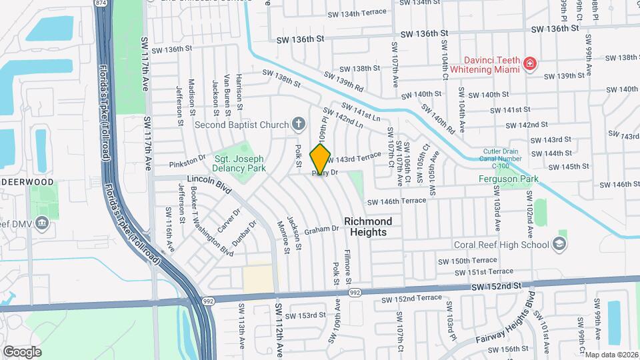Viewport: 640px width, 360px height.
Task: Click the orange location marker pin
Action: tap(321, 159)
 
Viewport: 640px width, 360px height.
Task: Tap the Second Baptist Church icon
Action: tap(298, 124)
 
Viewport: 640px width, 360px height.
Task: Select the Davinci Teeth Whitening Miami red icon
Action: tap(529, 64)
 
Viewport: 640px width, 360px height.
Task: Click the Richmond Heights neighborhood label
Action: tap(367, 226)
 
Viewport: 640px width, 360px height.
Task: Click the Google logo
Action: tap(22, 351)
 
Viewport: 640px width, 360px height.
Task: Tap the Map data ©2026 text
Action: tap(611, 355)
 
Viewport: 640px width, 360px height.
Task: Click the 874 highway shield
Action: tap(100, 3)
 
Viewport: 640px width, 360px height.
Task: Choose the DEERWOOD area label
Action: tap(27, 181)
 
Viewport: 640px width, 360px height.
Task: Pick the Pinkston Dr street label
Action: tap(187, 161)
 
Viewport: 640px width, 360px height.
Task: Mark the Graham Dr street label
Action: tap(322, 229)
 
